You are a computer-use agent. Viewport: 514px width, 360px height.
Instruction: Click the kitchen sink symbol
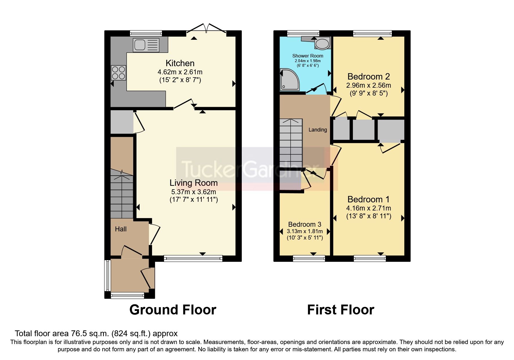146,45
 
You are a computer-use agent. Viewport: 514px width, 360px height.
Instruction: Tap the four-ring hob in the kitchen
118,73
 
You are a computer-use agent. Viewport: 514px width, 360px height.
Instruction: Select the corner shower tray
289,80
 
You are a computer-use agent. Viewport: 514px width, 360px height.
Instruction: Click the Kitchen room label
180,63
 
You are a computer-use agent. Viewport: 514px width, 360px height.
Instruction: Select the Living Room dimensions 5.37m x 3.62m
194,192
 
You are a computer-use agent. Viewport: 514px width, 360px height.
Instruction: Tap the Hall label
121,229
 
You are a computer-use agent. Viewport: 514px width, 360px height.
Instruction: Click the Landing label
318,130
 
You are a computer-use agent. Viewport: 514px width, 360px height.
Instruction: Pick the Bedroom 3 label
304,224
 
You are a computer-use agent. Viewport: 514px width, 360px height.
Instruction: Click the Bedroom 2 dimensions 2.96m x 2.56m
368,85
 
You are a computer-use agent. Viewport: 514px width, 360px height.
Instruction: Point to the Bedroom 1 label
368,199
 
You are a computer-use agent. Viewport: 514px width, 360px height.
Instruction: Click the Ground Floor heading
173,309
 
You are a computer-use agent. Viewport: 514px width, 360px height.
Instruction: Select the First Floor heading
340,309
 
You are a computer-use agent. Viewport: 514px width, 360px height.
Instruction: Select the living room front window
193,258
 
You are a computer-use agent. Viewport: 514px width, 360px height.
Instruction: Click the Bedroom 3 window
309,258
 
